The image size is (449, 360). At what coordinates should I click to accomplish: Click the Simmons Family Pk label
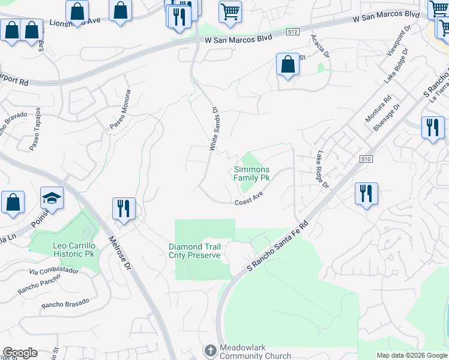251,174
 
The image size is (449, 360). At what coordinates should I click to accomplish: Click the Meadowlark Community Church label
247,352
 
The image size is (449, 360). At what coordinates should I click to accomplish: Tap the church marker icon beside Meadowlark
210,350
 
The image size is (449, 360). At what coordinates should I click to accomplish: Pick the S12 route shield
293,32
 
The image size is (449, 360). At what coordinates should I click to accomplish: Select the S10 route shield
367,159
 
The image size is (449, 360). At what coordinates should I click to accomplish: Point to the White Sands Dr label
213,129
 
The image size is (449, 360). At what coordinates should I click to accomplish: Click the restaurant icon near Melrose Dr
124,209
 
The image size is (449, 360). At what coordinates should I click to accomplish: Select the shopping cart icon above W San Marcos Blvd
230,11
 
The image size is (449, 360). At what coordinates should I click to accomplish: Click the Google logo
19,353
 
